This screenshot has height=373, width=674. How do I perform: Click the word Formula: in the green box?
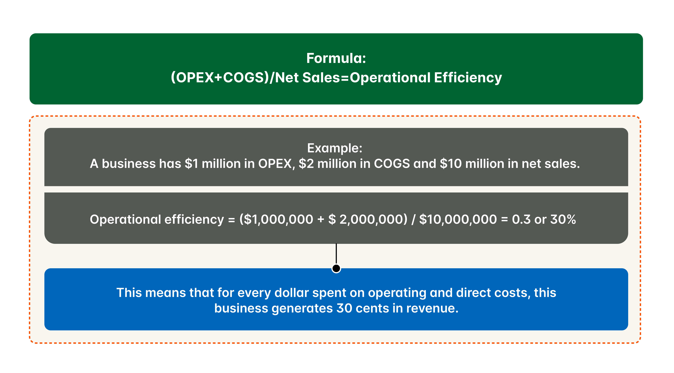coord(336,58)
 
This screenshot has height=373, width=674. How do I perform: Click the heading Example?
coord(335,148)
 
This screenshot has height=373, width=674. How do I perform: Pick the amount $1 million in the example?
coord(212,164)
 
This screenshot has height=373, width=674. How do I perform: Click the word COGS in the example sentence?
coord(392,164)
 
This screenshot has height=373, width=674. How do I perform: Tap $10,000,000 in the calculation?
coord(458,219)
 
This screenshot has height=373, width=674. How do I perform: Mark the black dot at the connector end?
coord(336,268)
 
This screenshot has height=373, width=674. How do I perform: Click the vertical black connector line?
coord(336,253)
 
